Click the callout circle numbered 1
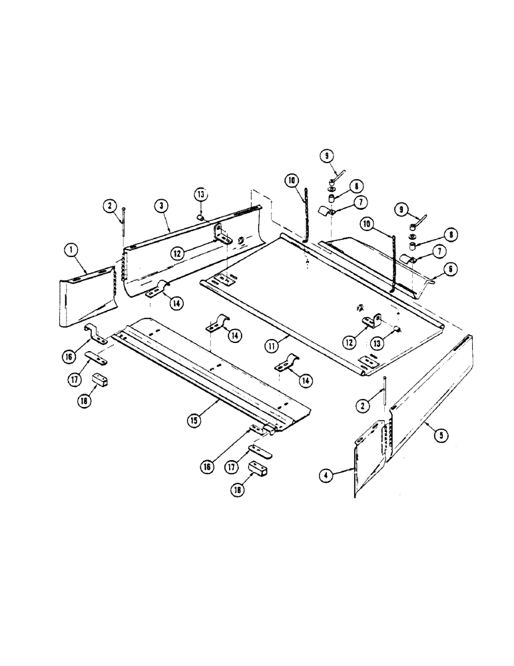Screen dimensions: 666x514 [x=69, y=251]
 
